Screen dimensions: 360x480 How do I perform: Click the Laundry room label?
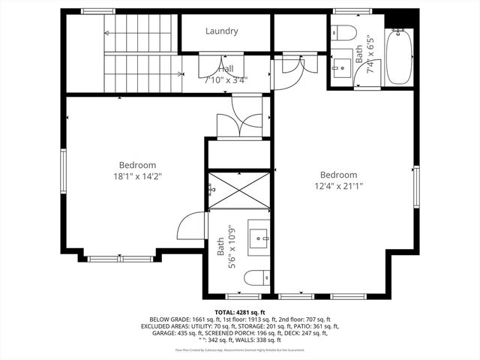coord(221,31)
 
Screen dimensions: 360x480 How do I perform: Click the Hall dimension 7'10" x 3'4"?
coord(226,79)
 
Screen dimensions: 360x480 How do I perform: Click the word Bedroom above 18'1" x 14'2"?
coord(137,165)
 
